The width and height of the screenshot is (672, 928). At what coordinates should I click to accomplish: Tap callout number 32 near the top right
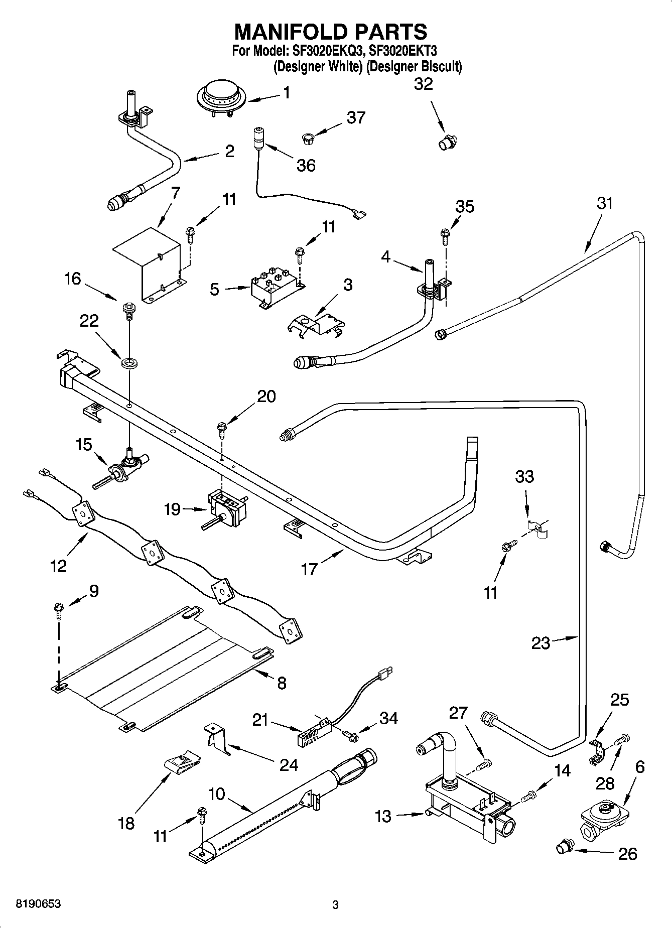click(x=423, y=84)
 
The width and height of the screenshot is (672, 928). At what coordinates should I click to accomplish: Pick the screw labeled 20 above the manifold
click(x=221, y=428)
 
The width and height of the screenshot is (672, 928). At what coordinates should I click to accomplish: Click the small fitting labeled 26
click(x=564, y=848)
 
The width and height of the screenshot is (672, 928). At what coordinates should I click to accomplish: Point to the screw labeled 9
click(x=59, y=610)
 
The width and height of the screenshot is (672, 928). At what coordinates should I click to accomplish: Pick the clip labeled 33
click(x=539, y=528)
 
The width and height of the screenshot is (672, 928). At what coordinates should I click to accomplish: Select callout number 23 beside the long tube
click(x=541, y=643)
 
